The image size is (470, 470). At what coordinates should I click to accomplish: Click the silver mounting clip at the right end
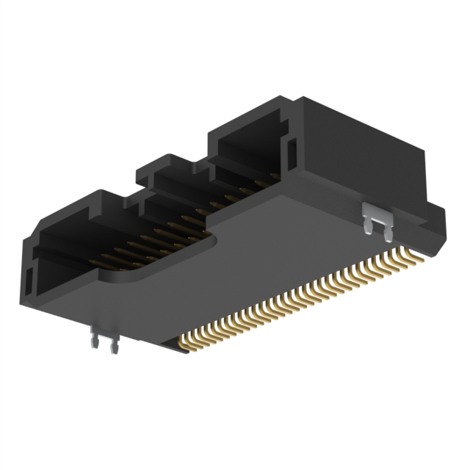pos(377,218)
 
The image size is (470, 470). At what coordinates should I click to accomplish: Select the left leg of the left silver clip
pos(95,345)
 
